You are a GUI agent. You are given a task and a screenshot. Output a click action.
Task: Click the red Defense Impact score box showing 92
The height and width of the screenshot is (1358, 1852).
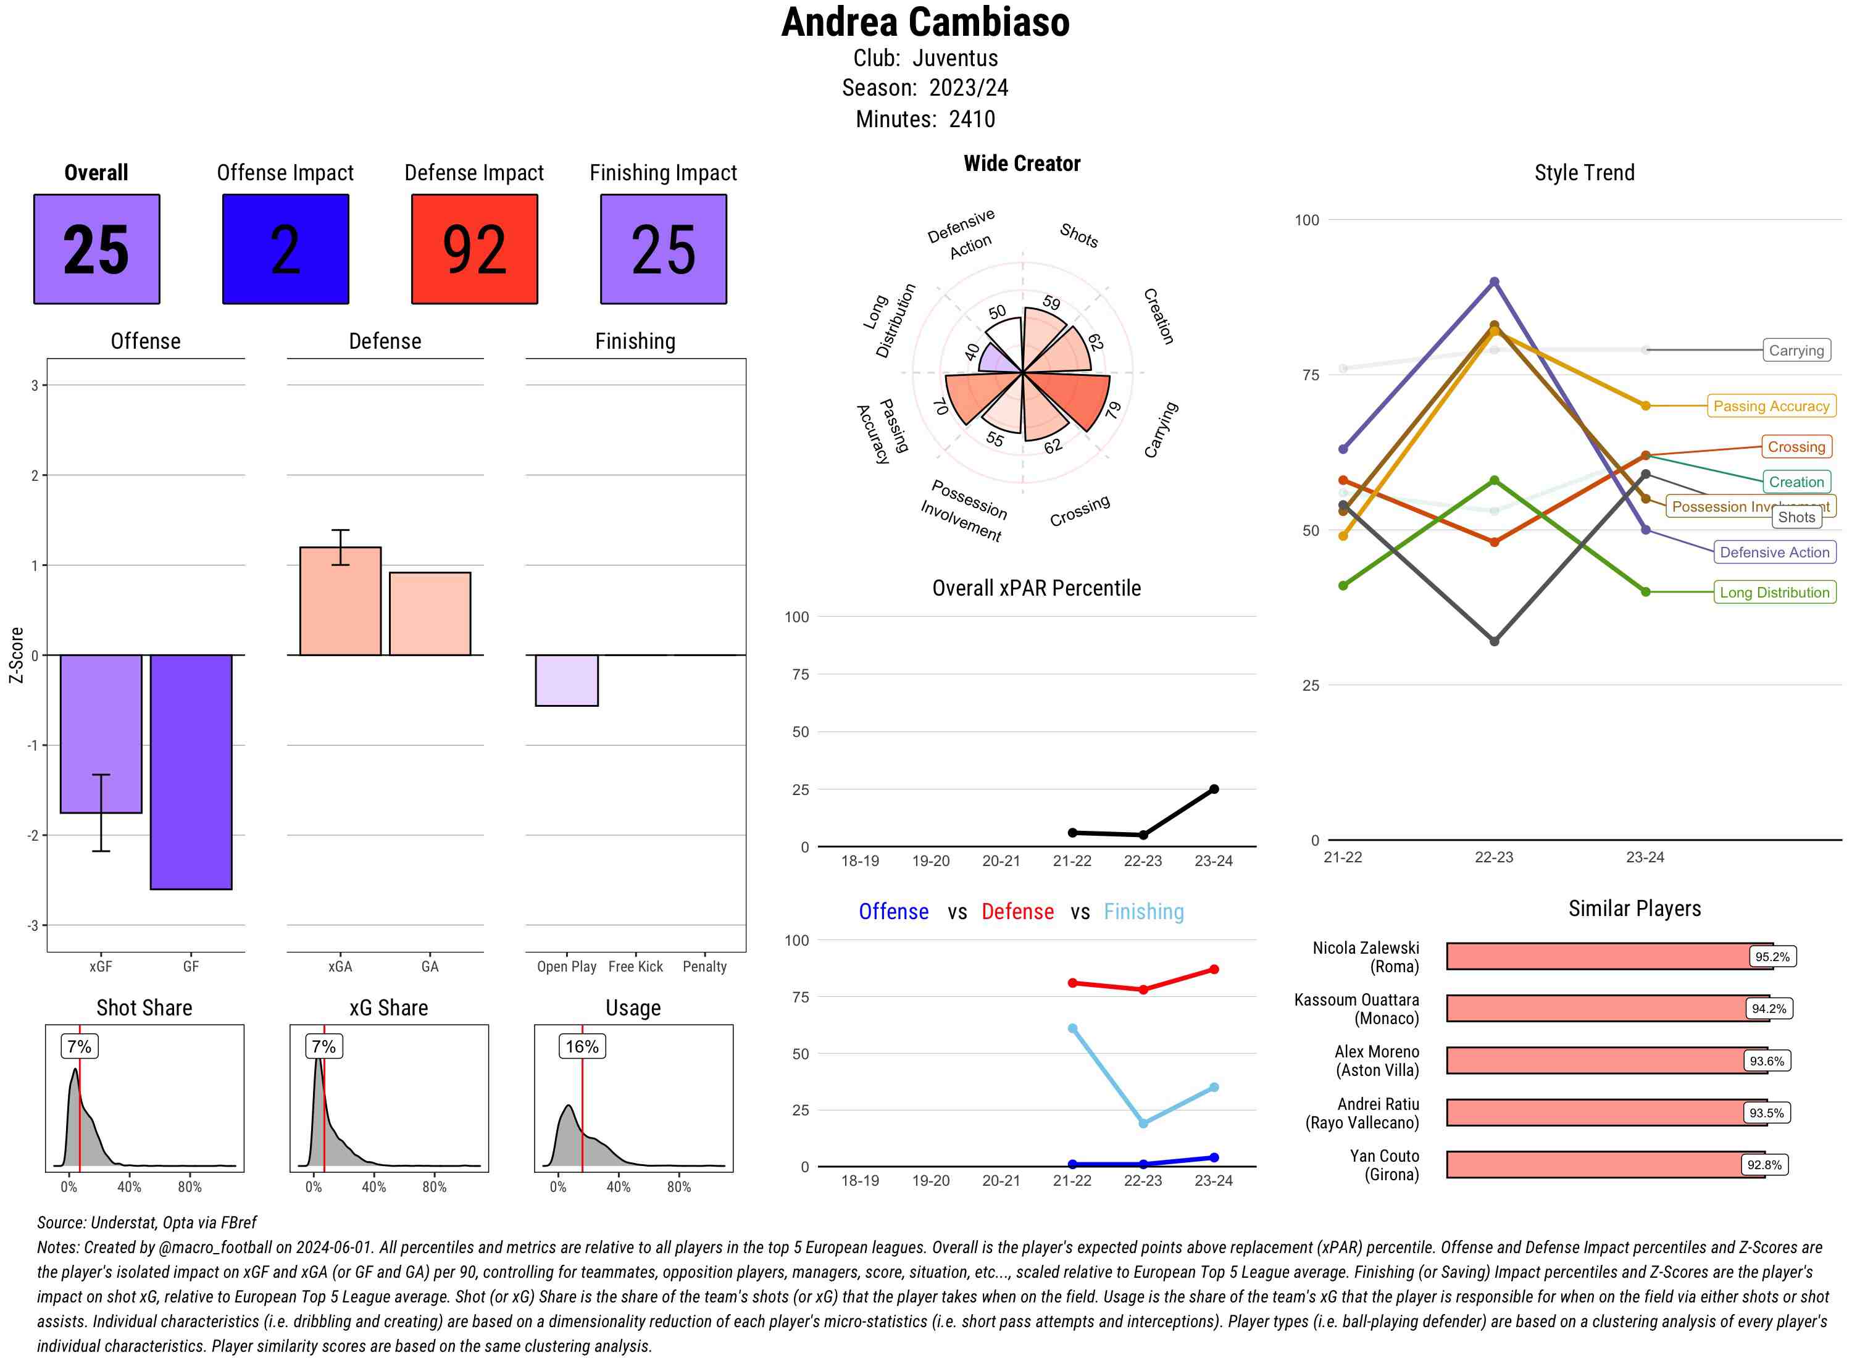point(474,249)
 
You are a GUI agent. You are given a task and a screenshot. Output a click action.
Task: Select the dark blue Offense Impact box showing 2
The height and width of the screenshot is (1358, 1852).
point(285,249)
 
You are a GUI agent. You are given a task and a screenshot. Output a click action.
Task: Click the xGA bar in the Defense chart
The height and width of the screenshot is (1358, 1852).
point(340,601)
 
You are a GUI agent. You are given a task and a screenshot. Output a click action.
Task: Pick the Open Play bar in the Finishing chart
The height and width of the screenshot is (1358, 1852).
point(566,680)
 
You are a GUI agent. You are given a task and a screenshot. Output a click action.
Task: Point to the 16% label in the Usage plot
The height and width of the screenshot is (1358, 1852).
point(582,1046)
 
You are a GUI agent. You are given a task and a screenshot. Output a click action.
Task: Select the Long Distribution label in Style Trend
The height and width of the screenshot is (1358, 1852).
point(1774,593)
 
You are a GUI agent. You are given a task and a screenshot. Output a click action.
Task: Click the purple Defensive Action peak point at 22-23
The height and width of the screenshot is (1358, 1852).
point(1495,282)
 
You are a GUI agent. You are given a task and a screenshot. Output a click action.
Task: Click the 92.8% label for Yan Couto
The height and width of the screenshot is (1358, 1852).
point(1764,1165)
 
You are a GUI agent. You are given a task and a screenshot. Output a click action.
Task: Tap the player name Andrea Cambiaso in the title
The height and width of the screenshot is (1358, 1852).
point(925,22)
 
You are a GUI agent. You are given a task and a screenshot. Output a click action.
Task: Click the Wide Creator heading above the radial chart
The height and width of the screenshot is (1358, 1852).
point(1022,164)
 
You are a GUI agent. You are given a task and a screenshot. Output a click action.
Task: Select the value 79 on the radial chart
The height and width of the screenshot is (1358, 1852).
point(1113,409)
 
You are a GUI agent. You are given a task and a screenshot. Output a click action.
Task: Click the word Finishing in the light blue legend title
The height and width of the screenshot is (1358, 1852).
point(1143,912)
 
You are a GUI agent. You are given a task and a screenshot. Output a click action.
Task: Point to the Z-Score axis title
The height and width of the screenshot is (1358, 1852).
point(15,654)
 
